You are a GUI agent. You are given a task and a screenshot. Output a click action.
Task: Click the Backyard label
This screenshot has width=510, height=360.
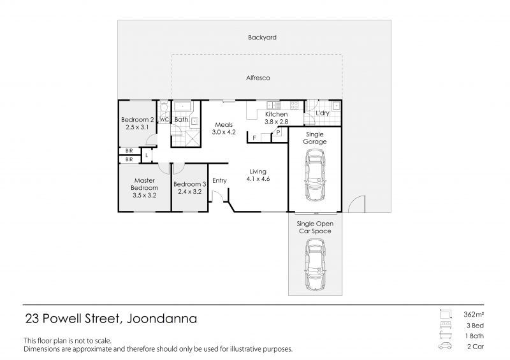click(262, 38)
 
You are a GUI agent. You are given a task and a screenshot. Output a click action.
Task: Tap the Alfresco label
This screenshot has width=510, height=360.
click(258, 78)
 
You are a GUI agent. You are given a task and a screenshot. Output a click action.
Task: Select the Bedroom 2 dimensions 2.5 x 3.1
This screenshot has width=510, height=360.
click(137, 127)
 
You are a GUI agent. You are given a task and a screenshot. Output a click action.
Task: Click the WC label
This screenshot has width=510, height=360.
click(164, 119)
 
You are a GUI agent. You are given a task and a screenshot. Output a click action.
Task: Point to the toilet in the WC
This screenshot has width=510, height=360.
click(164, 106)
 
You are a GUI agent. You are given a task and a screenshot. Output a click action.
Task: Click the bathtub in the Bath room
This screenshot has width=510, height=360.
click(183, 106)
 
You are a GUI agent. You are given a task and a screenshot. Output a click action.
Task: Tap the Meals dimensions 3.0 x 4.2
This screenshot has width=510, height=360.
click(224, 132)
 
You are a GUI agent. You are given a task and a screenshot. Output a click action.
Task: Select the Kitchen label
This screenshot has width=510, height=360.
click(277, 114)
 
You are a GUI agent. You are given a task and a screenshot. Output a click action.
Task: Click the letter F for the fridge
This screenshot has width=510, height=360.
click(254, 138)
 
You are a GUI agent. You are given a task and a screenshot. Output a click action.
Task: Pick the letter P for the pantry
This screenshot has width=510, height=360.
click(279, 133)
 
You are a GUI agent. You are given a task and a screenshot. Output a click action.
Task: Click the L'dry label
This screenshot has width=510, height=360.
click(323, 113)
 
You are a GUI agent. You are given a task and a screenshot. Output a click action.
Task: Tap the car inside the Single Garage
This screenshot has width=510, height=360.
click(314, 175)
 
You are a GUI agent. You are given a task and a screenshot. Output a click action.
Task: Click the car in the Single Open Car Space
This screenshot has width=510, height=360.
click(314, 264)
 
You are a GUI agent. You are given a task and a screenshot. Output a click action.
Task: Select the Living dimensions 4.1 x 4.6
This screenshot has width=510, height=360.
click(258, 179)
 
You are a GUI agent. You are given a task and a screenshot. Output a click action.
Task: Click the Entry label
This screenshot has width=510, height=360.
click(219, 181)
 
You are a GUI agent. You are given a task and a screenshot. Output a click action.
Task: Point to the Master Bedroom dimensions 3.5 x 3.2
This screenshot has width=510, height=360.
click(145, 196)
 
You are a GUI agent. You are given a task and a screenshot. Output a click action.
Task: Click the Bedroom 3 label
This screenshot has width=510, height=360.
click(189, 184)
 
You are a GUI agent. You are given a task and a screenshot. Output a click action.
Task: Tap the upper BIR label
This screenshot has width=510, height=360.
click(129, 151)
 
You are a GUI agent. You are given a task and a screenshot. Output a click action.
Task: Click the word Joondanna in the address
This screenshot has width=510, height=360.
click(162, 319)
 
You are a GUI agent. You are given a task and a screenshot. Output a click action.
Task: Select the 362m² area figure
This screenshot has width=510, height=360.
click(474, 315)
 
